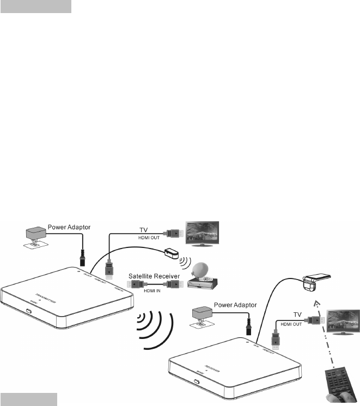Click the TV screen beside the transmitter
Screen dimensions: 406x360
(202, 235)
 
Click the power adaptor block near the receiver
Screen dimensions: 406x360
(203, 314)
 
